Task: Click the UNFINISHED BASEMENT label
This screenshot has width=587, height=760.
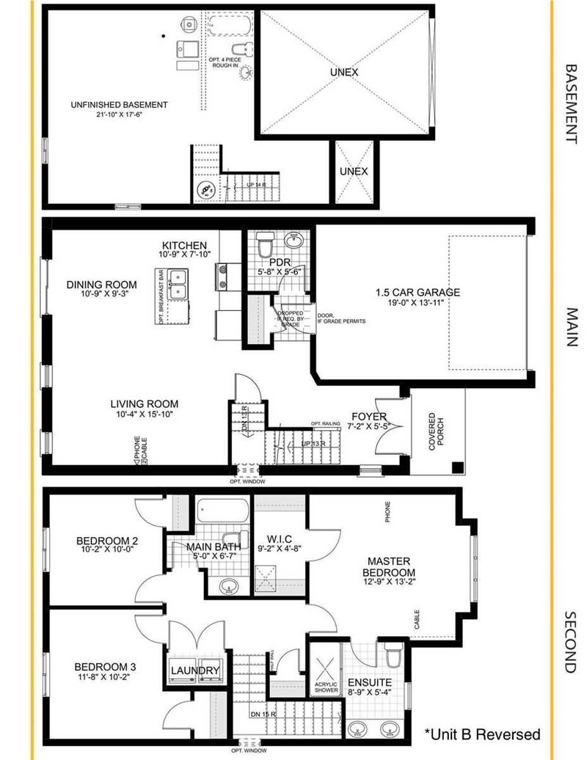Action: [x=119, y=105]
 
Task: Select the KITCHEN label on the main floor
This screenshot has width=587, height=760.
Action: [x=185, y=245]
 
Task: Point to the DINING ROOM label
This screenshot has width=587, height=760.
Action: [x=101, y=285]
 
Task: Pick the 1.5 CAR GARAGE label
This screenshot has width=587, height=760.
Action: [x=418, y=292]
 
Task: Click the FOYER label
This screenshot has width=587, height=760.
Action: [x=368, y=417]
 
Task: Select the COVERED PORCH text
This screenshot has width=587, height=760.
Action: [x=437, y=432]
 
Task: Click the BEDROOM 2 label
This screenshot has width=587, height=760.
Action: [x=107, y=542]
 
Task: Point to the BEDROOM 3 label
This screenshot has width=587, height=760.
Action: [x=106, y=667]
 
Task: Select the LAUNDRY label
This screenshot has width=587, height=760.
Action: [x=194, y=671]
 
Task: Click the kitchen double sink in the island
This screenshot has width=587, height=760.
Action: [x=178, y=283]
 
